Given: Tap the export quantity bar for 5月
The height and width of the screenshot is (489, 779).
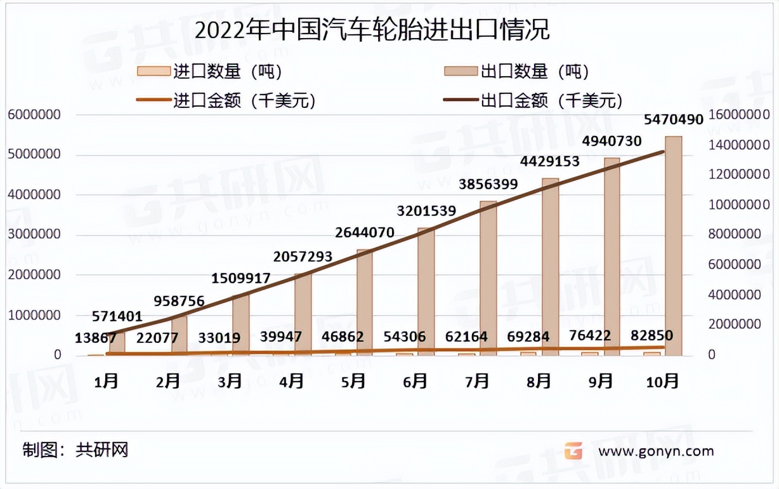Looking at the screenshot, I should pyautogui.click(x=365, y=302).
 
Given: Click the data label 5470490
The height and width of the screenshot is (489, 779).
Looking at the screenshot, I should pyautogui.click(x=674, y=119).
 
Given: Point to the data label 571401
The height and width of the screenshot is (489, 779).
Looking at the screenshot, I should pyautogui.click(x=117, y=316).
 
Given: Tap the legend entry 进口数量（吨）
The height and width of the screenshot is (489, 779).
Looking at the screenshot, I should pyautogui.click(x=210, y=71).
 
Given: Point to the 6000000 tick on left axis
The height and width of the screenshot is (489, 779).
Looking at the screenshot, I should pyautogui.click(x=34, y=115).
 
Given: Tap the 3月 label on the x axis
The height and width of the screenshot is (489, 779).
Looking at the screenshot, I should pyautogui.click(x=230, y=381).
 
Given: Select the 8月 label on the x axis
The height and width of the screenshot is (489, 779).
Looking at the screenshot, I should pyautogui.click(x=539, y=381).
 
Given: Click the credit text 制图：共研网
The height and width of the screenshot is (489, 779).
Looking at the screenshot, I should pyautogui.click(x=75, y=450).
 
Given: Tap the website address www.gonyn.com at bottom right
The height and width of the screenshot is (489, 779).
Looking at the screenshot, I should pyautogui.click(x=656, y=451).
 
